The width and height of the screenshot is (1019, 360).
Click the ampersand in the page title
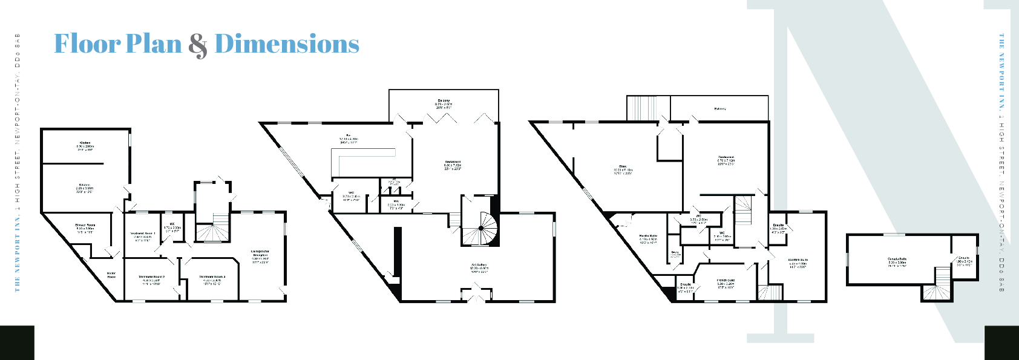click(197, 45)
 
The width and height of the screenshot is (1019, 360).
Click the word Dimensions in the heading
click(287, 44)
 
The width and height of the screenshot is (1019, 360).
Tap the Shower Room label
click(85, 225)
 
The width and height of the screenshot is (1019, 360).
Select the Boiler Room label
click(111, 275)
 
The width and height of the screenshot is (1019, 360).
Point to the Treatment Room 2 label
click(151, 277)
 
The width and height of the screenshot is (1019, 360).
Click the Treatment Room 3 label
click(212, 277)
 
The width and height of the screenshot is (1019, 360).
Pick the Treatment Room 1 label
click(143, 234)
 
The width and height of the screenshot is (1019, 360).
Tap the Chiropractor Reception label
click(260, 253)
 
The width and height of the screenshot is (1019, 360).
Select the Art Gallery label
click(479, 265)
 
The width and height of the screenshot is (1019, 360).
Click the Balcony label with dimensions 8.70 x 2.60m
click(444, 101)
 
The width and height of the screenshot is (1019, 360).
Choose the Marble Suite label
click(648, 236)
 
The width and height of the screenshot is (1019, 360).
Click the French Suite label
click(726, 281)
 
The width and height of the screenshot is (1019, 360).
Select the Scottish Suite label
click(798, 260)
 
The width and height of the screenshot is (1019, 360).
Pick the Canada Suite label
click(897, 259)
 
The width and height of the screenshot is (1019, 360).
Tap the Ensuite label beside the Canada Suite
click(964, 258)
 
